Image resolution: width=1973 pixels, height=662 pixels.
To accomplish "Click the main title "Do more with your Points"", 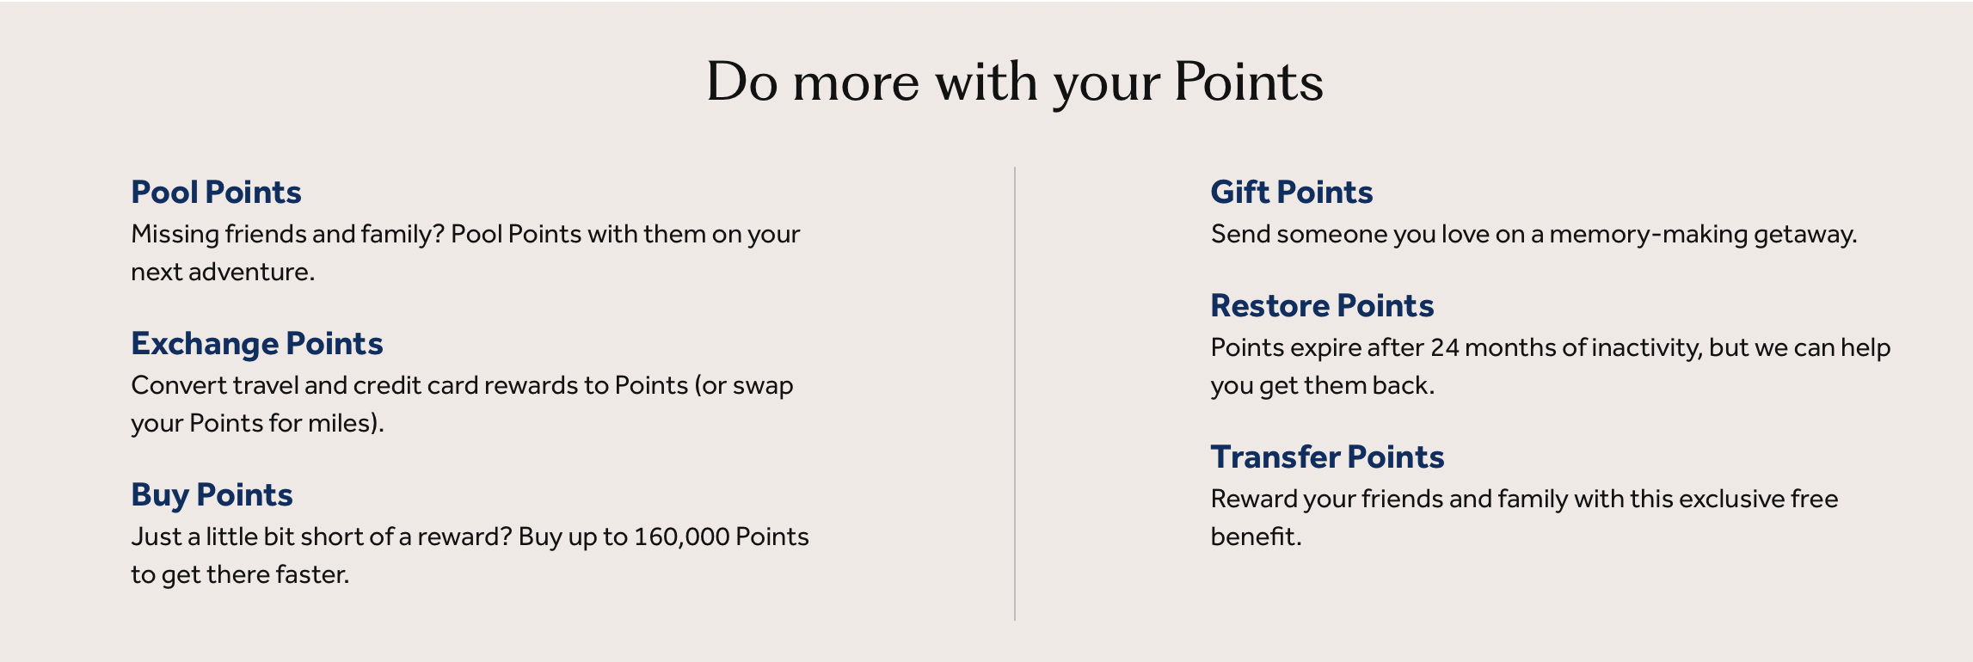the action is pyautogui.click(x=1015, y=83).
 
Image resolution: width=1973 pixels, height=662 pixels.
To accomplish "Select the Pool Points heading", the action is pyautogui.click(x=216, y=192).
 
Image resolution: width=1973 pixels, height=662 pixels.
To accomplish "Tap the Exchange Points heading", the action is pyautogui.click(x=257, y=344).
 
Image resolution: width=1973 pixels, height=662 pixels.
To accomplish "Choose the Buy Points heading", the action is pyautogui.click(x=212, y=495).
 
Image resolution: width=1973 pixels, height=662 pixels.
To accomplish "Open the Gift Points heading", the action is pyautogui.click(x=1292, y=192).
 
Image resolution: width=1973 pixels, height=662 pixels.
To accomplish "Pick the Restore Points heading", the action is pyautogui.click(x=1322, y=305).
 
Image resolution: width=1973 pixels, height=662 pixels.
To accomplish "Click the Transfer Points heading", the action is pyautogui.click(x=1327, y=457).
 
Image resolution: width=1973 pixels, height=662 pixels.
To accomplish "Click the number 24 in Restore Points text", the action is pyautogui.click(x=1444, y=347).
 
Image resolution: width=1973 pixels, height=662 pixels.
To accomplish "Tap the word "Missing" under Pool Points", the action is pyautogui.click(x=175, y=235).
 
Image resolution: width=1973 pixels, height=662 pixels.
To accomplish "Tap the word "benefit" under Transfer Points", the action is pyautogui.click(x=1252, y=536).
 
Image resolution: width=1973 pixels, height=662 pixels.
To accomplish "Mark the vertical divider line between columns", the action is pyautogui.click(x=1015, y=393).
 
